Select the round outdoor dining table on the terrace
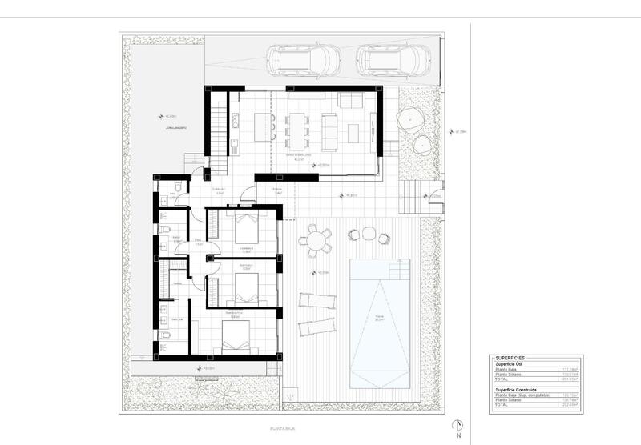pyautogui.click(x=317, y=240)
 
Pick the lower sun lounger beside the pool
pyautogui.click(x=316, y=327)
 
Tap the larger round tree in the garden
pyautogui.click(x=410, y=118)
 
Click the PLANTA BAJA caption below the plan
pyautogui.click(x=284, y=429)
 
